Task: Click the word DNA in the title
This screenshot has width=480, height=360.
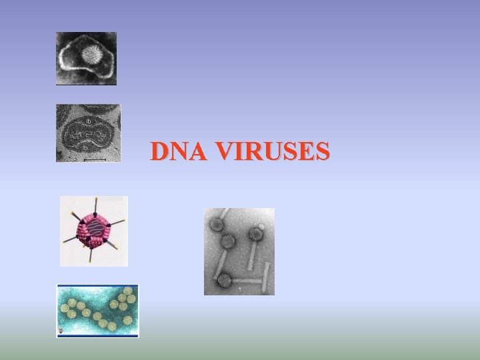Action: pyautogui.click(x=177, y=151)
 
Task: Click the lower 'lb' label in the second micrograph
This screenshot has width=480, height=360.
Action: pyautogui.click(x=86, y=147)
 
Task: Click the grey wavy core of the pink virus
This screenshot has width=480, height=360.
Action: pyautogui.click(x=95, y=231)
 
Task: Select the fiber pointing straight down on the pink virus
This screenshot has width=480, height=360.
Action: pyautogui.click(x=91, y=256)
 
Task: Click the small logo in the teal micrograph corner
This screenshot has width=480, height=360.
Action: pyautogui.click(x=61, y=331)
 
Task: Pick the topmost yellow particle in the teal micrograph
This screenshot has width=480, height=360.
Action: pyautogui.click(x=127, y=291)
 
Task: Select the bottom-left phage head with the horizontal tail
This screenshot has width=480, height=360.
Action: pyautogui.click(x=224, y=280)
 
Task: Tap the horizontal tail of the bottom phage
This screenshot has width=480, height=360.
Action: pyautogui.click(x=247, y=281)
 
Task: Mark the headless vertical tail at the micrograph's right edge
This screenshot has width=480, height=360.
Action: pyautogui.click(x=268, y=276)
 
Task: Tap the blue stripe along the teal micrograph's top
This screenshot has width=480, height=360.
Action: pyautogui.click(x=97, y=286)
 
